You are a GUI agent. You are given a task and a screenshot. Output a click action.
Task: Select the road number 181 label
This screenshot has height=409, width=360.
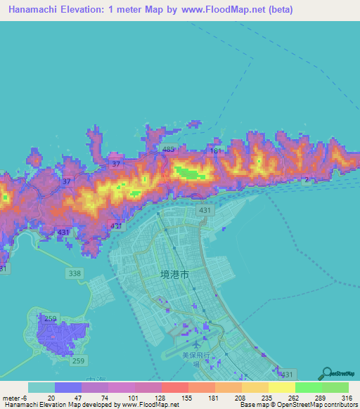215,151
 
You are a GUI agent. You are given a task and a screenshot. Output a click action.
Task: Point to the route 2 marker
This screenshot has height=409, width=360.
307,180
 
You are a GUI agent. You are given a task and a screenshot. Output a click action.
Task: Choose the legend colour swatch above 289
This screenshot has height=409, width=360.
308,387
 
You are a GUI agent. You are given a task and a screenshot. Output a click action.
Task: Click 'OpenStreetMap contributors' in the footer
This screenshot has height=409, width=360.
314,405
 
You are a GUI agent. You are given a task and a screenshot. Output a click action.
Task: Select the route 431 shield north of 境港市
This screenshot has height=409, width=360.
204,210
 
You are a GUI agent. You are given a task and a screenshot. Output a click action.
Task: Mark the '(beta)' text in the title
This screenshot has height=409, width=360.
278,10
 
